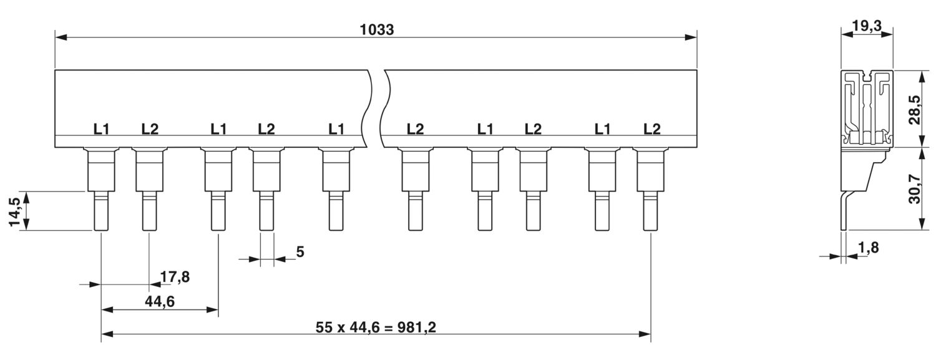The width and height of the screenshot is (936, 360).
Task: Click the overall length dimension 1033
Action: [377, 30]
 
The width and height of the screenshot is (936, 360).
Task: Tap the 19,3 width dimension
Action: [867, 26]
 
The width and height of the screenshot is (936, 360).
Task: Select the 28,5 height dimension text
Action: [915, 110]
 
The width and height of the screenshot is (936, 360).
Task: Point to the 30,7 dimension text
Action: [915, 189]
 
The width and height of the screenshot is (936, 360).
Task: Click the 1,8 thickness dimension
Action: [869, 248]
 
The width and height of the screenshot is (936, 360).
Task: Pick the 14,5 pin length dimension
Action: [15, 212]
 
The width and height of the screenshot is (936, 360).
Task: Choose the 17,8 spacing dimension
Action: [175, 276]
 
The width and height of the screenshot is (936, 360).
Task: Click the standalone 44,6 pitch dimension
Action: [160, 301]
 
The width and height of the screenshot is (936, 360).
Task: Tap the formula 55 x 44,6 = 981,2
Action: [376, 327]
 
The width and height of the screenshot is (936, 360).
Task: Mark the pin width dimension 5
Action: [300, 252]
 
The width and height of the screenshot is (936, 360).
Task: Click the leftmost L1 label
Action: [101, 129]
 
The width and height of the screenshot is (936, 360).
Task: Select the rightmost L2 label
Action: [652, 129]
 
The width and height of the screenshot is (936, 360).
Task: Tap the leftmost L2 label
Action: [150, 129]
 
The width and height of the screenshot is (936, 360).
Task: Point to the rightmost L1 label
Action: [602, 129]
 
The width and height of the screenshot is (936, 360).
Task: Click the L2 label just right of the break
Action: [416, 129]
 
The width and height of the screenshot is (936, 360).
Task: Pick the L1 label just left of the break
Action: [336, 129]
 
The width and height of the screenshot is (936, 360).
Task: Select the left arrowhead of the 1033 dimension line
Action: [61, 37]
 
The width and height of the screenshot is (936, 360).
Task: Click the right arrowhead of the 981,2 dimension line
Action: [645, 334]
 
